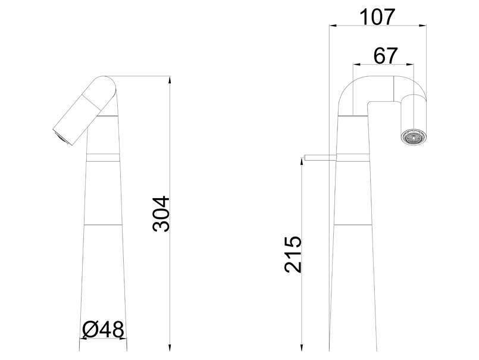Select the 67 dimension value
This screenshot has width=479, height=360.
coord(386,55)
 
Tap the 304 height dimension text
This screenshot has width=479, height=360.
coord(161,214)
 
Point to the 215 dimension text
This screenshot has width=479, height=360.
coord(293,254)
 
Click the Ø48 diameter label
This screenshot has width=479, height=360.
coord(104,330)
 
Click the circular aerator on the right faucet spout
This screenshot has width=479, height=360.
coord(413,137)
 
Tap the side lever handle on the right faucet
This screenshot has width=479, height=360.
coord(320,158)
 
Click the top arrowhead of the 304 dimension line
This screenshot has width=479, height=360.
coord(170,79)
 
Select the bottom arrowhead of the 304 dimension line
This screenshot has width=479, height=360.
coord(170,348)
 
